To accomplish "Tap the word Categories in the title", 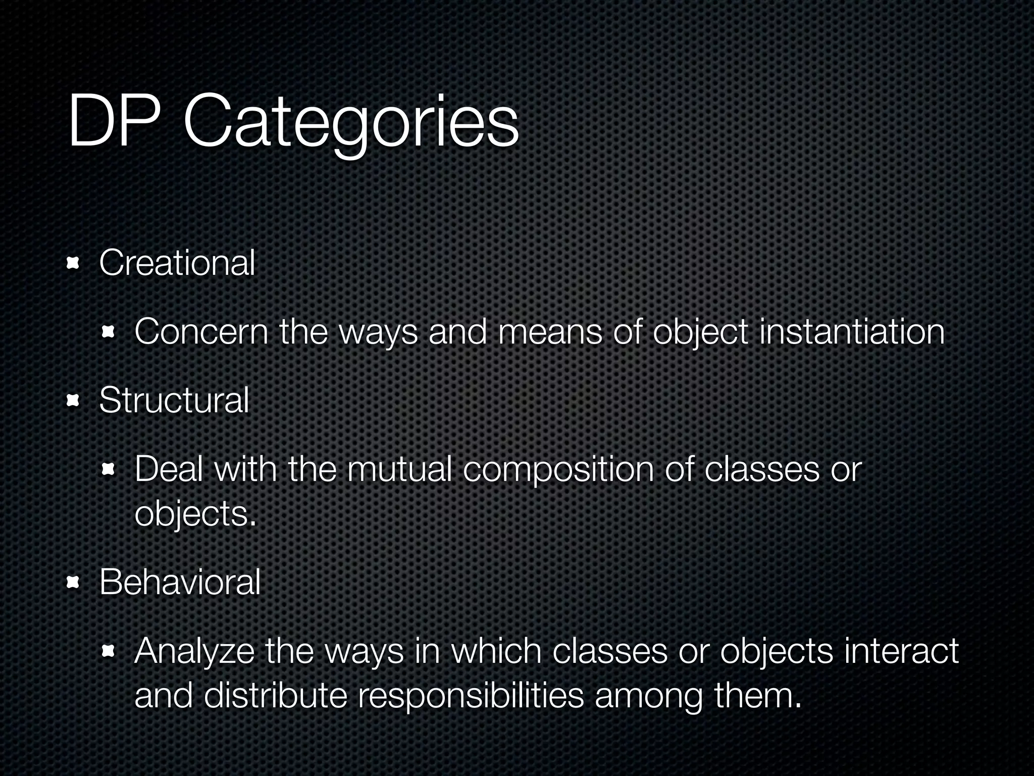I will point(351,124).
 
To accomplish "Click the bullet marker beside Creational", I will point(74,263).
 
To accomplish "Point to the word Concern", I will point(201,332).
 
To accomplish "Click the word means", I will point(550,332).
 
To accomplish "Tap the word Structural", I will point(174,400).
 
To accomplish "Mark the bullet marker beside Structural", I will point(74,401).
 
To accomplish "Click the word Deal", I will point(168,469).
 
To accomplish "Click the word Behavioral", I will point(180,582).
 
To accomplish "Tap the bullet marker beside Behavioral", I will point(74,583).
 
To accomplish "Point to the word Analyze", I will point(194,651).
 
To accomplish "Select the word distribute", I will point(276,695).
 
